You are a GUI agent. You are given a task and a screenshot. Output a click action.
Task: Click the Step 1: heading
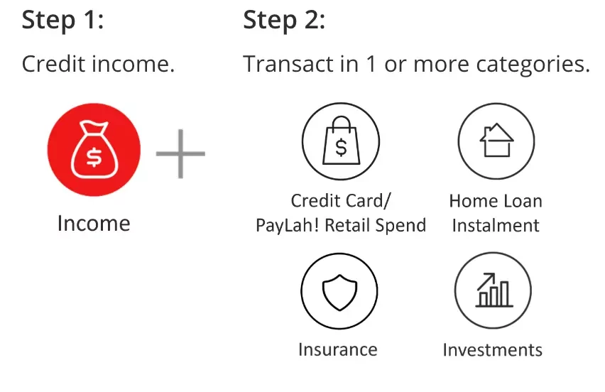click(63, 20)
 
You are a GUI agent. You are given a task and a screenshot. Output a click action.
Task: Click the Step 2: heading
click(284, 20)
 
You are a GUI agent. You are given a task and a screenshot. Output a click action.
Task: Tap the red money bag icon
click(94, 150)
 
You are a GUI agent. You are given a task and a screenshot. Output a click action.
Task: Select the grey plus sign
click(180, 153)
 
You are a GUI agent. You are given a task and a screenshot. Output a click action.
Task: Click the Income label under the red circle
click(94, 224)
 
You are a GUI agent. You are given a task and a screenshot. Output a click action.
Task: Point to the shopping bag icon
click(341, 141)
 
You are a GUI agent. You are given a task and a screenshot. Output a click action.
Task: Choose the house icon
click(496, 141)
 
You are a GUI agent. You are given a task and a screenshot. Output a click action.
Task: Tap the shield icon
click(339, 291)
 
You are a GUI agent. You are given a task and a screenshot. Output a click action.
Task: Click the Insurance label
click(338, 349)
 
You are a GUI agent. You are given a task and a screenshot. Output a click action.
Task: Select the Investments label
click(493, 350)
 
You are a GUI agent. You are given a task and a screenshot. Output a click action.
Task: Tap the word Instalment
click(496, 225)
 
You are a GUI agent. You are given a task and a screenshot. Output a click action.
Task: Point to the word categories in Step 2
click(533, 65)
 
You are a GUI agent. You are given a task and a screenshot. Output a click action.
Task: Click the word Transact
click(288, 64)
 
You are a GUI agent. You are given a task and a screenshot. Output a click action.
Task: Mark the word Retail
click(348, 225)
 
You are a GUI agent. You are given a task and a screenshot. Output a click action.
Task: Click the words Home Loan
click(496, 201)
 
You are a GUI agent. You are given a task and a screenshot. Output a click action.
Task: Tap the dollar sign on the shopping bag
click(341, 147)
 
